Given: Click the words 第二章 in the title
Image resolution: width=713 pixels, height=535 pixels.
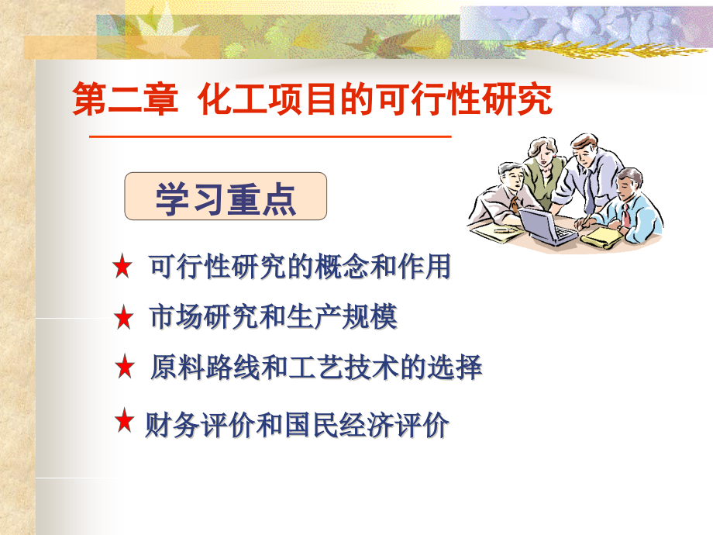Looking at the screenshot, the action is [125, 98].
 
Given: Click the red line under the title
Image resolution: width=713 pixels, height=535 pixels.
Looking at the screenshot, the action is [270, 136].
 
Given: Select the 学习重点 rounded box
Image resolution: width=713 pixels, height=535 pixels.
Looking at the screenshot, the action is [226, 196].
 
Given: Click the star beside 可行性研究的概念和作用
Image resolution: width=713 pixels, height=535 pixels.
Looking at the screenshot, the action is [122, 267].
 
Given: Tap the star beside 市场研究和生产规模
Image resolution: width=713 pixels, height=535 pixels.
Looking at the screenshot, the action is [123, 318].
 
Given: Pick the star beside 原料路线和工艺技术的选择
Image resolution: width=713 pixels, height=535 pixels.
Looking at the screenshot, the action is [125, 368].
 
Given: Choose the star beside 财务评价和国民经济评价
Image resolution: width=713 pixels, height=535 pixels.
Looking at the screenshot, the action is [124, 420].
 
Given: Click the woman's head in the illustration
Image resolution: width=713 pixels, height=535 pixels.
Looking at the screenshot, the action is [542, 150].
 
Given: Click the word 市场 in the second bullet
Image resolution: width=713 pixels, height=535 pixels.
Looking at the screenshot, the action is [175, 317].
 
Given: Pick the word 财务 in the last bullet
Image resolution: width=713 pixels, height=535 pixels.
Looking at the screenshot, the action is [172, 426].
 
